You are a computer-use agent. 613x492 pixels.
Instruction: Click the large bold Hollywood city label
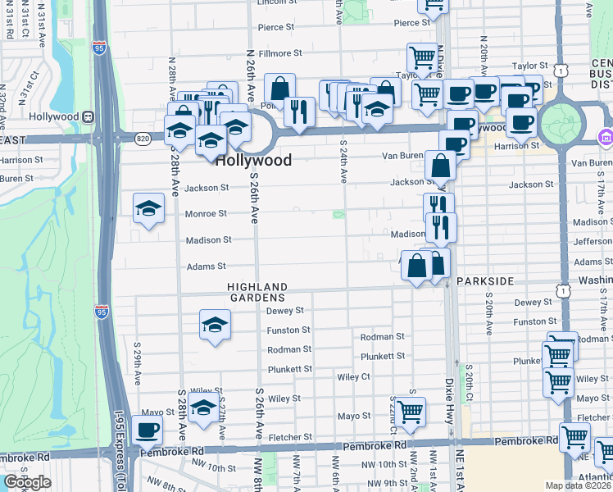pyautogui.click(x=253, y=161)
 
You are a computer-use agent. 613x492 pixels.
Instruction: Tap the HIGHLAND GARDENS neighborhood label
pyautogui.click(x=257, y=291)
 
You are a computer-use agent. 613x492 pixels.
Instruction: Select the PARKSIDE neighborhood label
pyautogui.click(x=485, y=281)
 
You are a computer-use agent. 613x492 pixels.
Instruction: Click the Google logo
pyautogui.click(x=27, y=482)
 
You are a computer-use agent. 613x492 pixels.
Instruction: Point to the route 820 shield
pyautogui.click(x=143, y=138)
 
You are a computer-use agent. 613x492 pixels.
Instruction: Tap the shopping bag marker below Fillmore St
pyautogui.click(x=280, y=88)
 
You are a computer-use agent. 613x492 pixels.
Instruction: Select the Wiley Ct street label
pyautogui.click(x=354, y=377)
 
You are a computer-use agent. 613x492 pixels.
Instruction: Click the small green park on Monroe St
pyautogui.click(x=338, y=215)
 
